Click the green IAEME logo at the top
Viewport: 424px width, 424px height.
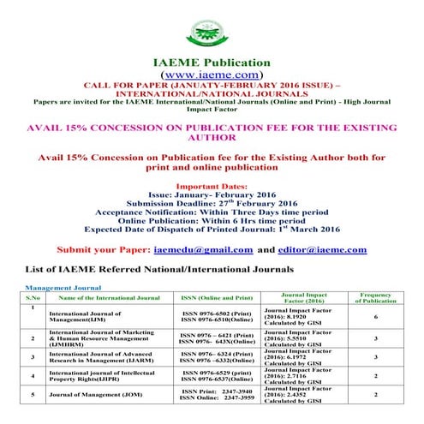(211, 26)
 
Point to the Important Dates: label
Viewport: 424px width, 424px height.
(211, 184)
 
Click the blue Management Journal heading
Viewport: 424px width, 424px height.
(63, 288)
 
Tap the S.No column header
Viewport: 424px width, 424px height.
(32, 297)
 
